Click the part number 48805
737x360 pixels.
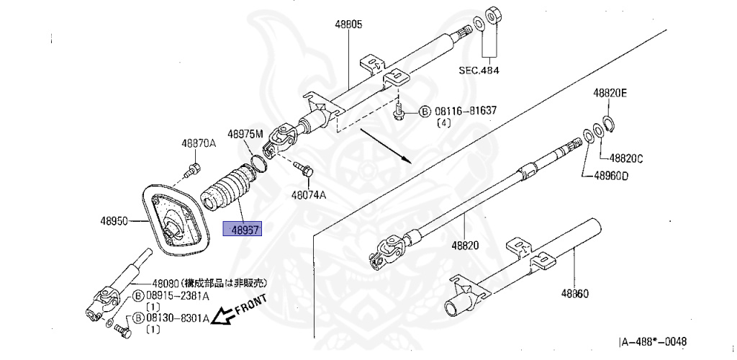point(348,24)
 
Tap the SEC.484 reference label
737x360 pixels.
point(479,70)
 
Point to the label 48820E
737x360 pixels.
point(610,93)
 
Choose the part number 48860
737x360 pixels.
point(575,294)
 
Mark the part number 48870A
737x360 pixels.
point(199,143)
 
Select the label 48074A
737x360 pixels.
point(309,194)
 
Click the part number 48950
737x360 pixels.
point(114,222)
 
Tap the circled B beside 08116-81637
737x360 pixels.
point(424,112)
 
